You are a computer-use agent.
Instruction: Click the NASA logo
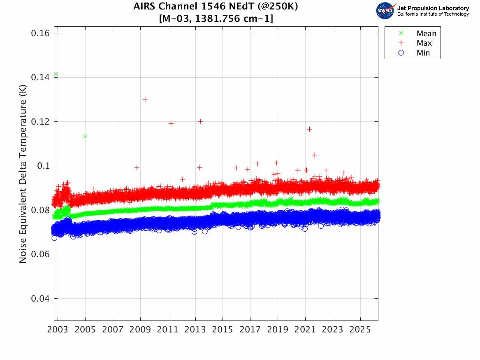tap(385, 10)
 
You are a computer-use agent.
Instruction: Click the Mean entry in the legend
tap(426, 34)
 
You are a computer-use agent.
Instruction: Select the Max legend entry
tap(424, 43)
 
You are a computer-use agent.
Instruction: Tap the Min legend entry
tap(423, 53)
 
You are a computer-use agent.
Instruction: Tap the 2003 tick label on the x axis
tap(58, 330)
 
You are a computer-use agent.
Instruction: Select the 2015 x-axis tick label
tap(223, 330)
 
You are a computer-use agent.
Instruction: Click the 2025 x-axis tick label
tap(360, 330)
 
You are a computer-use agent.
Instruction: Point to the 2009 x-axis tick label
tap(140, 330)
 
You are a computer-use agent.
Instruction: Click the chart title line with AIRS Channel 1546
tap(216, 7)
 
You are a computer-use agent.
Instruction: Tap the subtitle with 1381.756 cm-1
tap(216, 19)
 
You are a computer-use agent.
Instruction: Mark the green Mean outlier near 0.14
tap(56, 74)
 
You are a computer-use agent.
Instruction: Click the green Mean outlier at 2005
tap(85, 136)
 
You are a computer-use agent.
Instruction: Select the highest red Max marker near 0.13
tap(145, 100)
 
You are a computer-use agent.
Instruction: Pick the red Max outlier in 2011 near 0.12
tap(171, 123)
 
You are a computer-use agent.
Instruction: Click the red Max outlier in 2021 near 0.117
tap(309, 129)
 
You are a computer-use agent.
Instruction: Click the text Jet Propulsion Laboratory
tap(433, 8)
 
